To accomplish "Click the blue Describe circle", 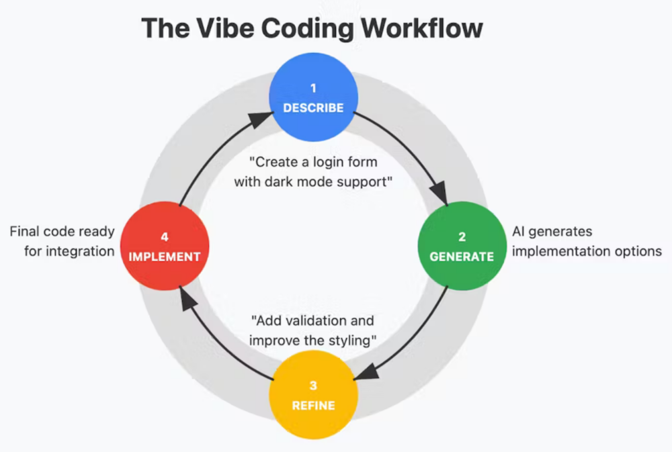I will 312,97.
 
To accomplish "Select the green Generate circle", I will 462,246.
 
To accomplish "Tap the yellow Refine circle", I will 312,396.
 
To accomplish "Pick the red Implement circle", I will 164,246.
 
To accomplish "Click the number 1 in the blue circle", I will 312,89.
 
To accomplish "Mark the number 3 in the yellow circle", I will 312,386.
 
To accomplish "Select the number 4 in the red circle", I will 164,237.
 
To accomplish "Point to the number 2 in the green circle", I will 462,237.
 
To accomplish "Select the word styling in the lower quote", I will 347,340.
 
